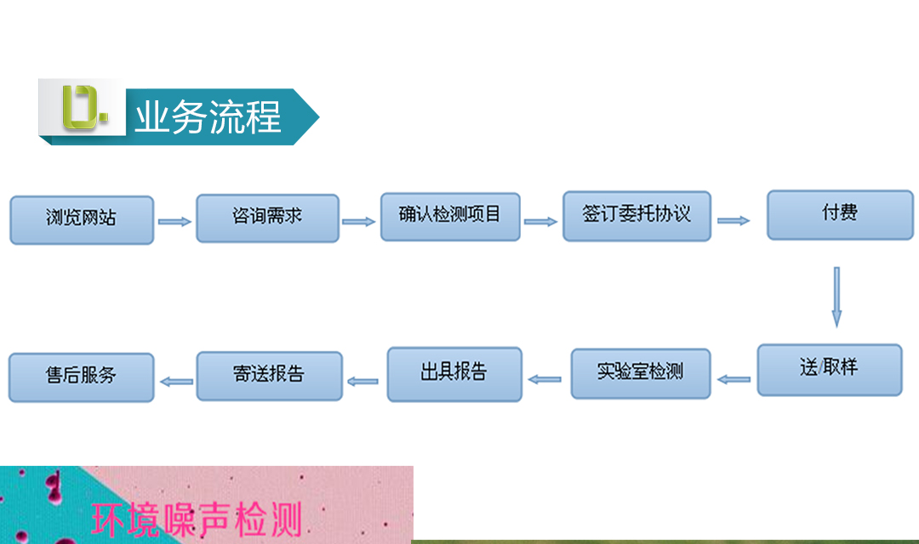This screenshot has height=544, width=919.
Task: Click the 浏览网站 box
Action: pos(82,220)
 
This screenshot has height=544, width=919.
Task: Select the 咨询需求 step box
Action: pos(268,218)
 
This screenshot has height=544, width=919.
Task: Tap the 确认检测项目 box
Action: pos(450,217)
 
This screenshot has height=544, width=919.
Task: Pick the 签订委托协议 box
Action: pos(637,216)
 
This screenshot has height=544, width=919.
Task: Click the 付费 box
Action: pos(840,215)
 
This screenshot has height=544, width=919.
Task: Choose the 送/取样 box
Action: pos(830,370)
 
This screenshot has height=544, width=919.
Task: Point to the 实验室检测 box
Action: pos(641,374)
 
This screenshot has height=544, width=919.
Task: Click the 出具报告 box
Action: pos(454,374)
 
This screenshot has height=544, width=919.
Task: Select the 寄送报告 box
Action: pos(270,376)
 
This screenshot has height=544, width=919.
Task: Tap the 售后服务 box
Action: pos(82,377)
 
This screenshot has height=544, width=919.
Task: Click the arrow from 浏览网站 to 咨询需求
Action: pos(174,221)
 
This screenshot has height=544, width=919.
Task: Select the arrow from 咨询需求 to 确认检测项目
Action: pos(359,221)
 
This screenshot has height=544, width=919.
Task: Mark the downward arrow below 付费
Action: pos(837,297)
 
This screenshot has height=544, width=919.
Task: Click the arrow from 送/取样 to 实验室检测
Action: pos(733,379)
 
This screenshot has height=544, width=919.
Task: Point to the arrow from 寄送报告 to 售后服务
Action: pos(176,382)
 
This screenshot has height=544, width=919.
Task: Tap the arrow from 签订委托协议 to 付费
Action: pos(733,220)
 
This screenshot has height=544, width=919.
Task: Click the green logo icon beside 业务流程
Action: pos(84,107)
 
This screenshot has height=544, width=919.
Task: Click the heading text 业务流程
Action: pos(208,117)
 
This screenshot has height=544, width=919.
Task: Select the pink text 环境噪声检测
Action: pos(197,519)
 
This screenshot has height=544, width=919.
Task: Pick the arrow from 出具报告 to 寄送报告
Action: pos(362,382)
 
